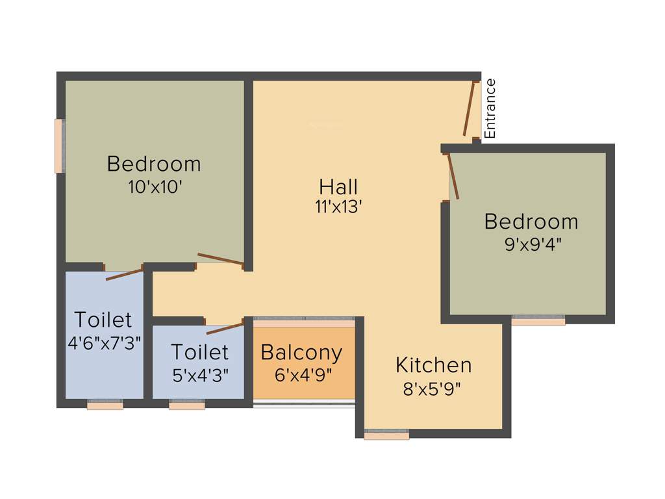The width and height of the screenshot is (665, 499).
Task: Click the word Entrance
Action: [x=490, y=109]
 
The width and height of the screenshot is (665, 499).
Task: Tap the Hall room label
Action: [x=338, y=187]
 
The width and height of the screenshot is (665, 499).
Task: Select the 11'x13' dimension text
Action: [x=338, y=207]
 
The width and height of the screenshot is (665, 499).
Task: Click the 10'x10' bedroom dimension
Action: [x=155, y=187]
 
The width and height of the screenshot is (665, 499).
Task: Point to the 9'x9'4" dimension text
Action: [x=531, y=245]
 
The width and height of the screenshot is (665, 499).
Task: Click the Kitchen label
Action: [x=433, y=365]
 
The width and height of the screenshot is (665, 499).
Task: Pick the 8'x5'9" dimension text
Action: [x=433, y=389]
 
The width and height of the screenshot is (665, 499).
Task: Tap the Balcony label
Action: [x=301, y=353]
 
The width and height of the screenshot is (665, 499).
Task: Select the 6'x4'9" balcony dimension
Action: [x=304, y=376]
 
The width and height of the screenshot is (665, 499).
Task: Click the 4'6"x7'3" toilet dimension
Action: [x=105, y=342]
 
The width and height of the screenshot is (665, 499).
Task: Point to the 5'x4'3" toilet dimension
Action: [x=199, y=375]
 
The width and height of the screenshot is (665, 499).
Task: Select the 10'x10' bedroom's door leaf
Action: [x=220, y=259]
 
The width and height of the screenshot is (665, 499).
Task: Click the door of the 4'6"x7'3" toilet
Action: [x=124, y=273]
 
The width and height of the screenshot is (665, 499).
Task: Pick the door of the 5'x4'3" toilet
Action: [x=224, y=326]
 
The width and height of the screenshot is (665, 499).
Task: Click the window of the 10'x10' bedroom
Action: [x=59, y=146]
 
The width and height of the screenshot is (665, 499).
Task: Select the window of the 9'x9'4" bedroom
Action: [x=538, y=321]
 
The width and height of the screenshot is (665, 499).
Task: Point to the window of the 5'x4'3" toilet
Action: [x=187, y=405]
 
